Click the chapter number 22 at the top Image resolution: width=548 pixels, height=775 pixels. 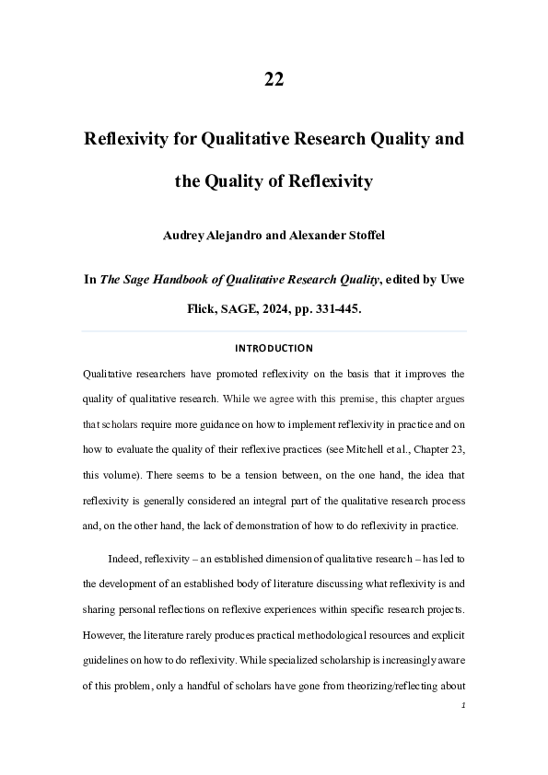click(x=274, y=79)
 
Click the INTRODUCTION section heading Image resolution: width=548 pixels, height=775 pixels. click(x=274, y=349)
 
